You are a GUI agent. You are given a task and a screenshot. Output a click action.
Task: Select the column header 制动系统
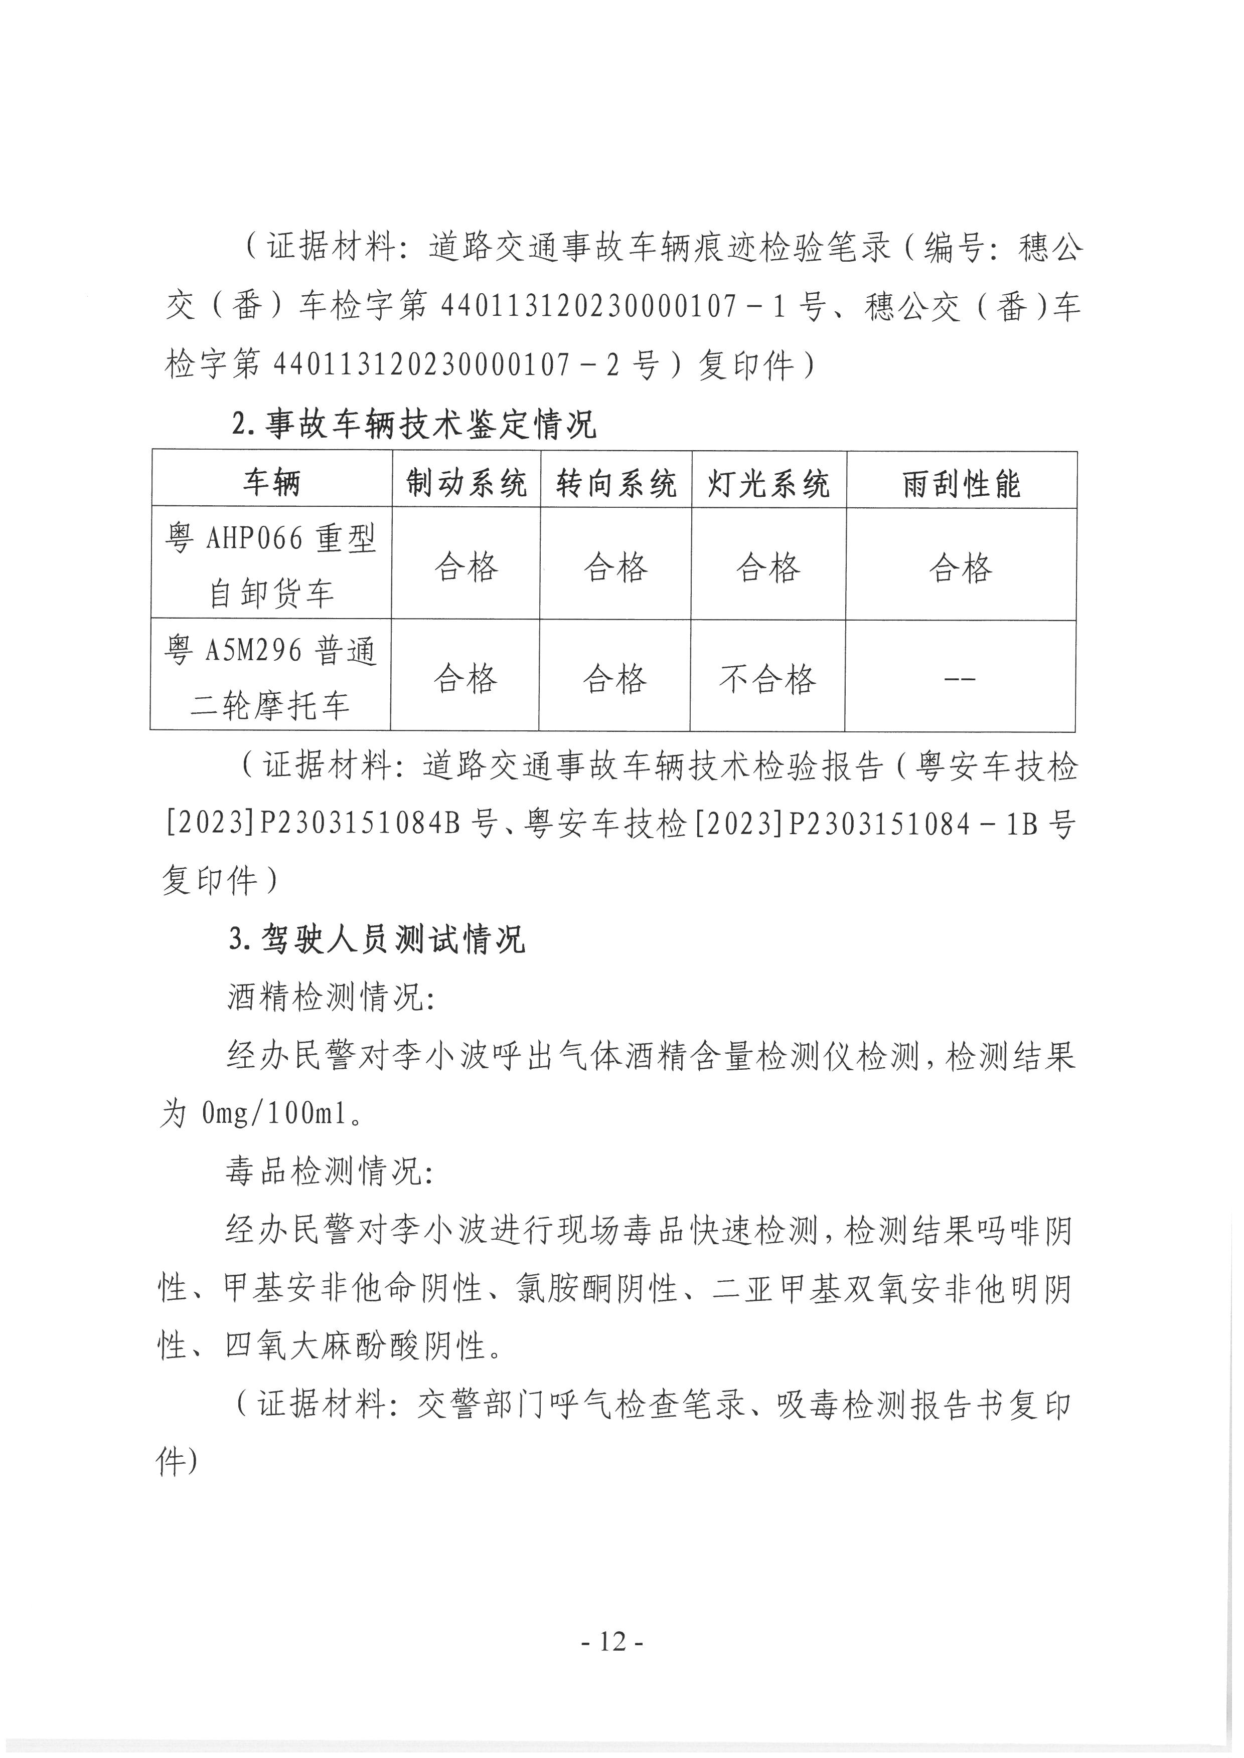[466, 483]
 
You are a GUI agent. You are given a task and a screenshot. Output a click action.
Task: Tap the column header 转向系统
[616, 483]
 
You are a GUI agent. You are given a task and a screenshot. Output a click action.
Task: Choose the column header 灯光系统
[768, 483]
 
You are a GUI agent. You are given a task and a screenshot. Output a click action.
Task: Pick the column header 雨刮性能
[962, 483]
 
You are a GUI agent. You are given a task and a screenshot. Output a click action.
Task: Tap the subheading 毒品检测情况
[330, 1171]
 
